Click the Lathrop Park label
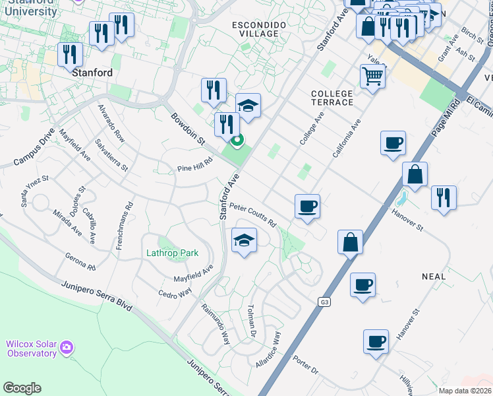[172, 253]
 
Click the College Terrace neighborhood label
[332, 98]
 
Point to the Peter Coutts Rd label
[252, 215]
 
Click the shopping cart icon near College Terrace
[373, 76]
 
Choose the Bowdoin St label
[188, 129]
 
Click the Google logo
[22, 388]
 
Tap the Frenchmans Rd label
[130, 214]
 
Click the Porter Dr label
[305, 366]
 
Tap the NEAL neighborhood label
[433, 277]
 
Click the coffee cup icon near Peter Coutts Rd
[307, 207]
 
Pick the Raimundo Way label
[216, 323]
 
